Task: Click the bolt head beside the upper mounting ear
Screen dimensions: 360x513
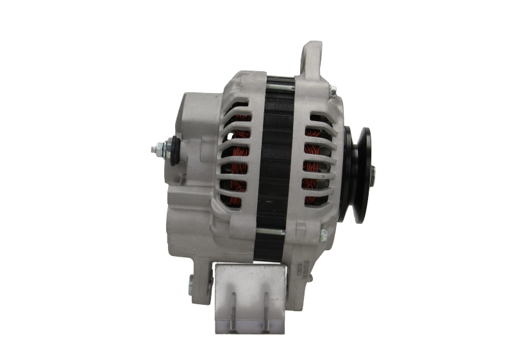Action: [x=333, y=92]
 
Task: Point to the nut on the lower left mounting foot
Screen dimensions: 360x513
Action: [x=190, y=280]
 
